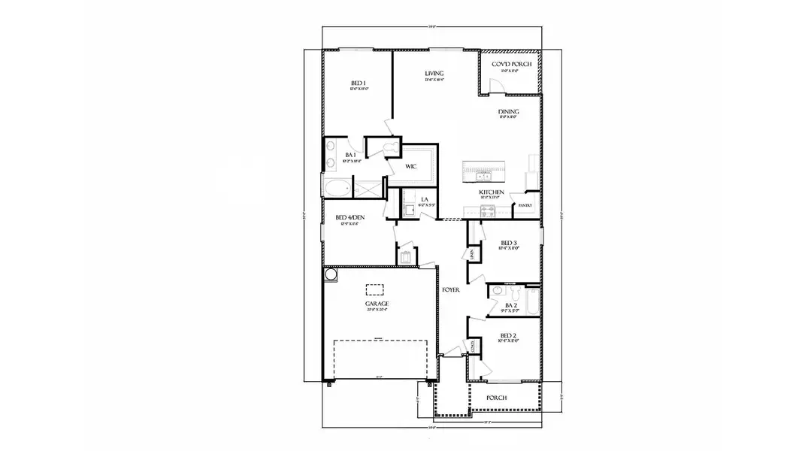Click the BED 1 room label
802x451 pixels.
[x=358, y=83]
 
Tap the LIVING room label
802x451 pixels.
[x=434, y=74]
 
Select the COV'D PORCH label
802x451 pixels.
[x=511, y=65]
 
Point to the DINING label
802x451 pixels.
[x=509, y=112]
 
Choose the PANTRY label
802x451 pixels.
[x=525, y=205]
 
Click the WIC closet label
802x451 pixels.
[x=411, y=166]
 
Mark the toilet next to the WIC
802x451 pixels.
[x=391, y=147]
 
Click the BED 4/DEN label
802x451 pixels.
[x=350, y=218]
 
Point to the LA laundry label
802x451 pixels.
[x=425, y=199]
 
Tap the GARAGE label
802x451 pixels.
[x=377, y=304]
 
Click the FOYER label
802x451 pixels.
[x=451, y=289]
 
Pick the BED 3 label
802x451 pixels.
[x=509, y=243]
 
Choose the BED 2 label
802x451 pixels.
[x=509, y=335]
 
